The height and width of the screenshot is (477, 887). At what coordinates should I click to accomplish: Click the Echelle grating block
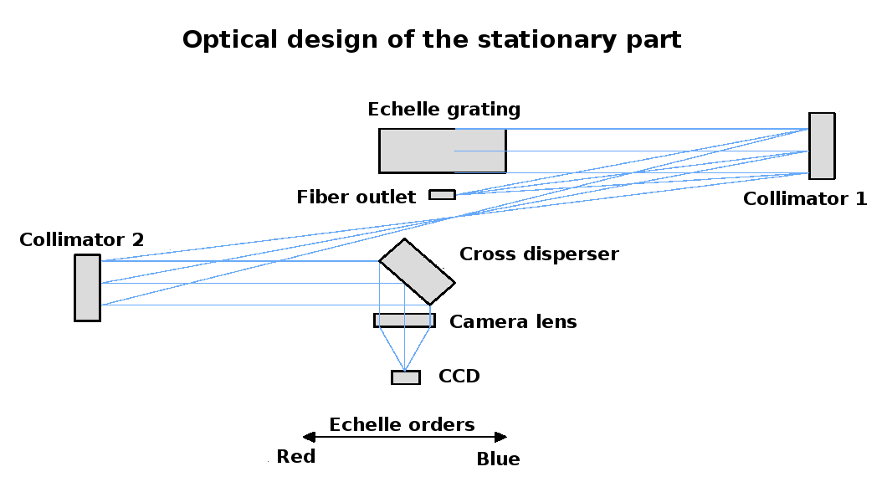(x=442, y=151)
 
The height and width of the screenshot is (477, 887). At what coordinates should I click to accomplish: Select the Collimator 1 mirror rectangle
(x=821, y=146)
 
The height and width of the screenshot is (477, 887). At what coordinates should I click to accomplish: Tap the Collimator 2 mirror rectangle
(x=87, y=288)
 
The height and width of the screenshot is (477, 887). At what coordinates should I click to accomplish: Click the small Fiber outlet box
(x=442, y=195)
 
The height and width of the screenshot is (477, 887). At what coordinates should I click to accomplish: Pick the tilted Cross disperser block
(x=417, y=272)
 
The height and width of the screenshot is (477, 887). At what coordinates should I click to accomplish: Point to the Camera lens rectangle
(x=404, y=321)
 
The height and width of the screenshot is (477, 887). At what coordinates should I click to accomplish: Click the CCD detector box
(x=406, y=377)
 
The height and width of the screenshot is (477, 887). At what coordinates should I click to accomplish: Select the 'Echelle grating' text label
(x=443, y=110)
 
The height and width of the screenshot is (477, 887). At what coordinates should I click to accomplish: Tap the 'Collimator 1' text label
(x=804, y=199)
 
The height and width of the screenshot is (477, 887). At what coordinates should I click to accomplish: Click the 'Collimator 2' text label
(x=81, y=241)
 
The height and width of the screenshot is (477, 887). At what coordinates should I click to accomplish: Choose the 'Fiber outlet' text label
(x=356, y=197)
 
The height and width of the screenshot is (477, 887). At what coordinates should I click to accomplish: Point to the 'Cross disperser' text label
(x=539, y=254)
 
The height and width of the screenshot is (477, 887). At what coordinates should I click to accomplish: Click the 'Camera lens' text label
(x=512, y=322)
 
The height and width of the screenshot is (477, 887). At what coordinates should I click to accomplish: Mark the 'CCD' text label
(x=459, y=377)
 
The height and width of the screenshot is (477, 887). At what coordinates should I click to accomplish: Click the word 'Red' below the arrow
(x=295, y=457)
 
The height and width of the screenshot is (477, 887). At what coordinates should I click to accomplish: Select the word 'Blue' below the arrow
(x=498, y=459)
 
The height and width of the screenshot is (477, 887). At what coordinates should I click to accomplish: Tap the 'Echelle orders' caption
(x=402, y=425)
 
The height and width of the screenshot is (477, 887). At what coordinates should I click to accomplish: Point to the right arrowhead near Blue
(x=501, y=437)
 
